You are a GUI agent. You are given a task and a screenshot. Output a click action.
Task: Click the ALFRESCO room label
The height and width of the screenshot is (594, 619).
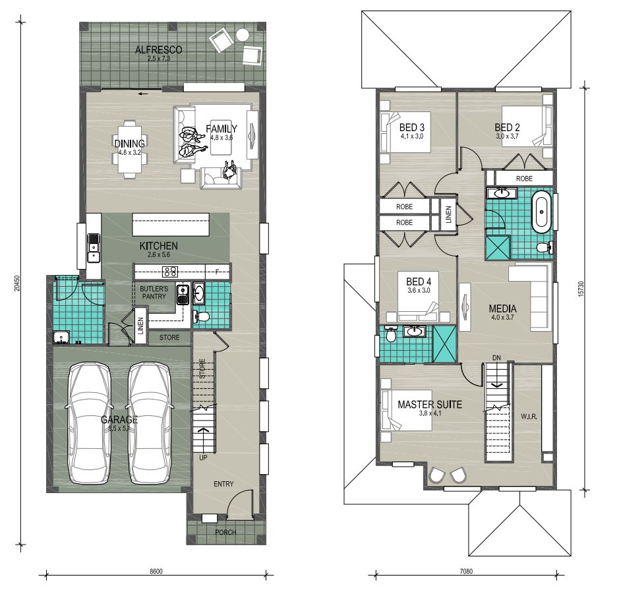coord(158,50)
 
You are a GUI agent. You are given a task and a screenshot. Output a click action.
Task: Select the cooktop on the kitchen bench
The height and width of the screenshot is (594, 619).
coord(171,270)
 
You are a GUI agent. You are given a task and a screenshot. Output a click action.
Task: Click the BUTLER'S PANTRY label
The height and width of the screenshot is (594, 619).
coord(153,293)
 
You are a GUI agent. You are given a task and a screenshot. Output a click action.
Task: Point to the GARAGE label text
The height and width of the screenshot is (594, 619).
coord(119,420)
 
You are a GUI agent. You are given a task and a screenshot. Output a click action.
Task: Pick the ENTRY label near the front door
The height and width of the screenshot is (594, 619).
coord(223,484)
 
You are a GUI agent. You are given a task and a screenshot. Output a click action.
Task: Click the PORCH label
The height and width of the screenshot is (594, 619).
coord(225,532)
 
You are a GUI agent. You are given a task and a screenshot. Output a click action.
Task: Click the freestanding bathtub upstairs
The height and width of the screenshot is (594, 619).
coord(541,212)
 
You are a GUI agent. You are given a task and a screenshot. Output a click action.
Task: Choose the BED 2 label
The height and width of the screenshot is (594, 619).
coord(508,127)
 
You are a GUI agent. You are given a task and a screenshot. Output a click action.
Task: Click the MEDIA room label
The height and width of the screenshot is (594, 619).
coord(502,308)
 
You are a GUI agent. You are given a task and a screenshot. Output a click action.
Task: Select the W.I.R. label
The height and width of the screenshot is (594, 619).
coord(528,416)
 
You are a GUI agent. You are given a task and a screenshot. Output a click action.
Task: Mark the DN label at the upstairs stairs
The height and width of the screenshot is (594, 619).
coord(496,358)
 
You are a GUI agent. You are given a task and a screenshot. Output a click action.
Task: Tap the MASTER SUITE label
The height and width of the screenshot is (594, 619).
coord(429,404)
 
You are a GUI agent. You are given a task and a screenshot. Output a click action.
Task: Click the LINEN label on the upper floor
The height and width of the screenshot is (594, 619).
coord(448,215)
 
